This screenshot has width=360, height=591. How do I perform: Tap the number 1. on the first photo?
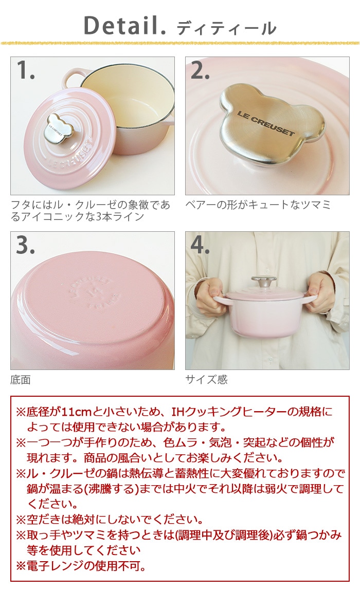click(x=25, y=71)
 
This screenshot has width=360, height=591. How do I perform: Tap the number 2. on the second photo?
click(x=200, y=71)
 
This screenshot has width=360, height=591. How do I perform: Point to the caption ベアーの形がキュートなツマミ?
click(x=258, y=205)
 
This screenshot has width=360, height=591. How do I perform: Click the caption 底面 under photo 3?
click(x=21, y=380)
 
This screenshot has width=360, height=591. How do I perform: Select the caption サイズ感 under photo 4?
click(x=206, y=380)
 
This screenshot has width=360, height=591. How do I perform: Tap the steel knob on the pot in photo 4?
click(x=263, y=282)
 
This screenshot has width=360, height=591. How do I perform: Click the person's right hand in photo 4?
click(x=208, y=297)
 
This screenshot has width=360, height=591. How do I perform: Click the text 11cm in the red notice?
click(x=75, y=412)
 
